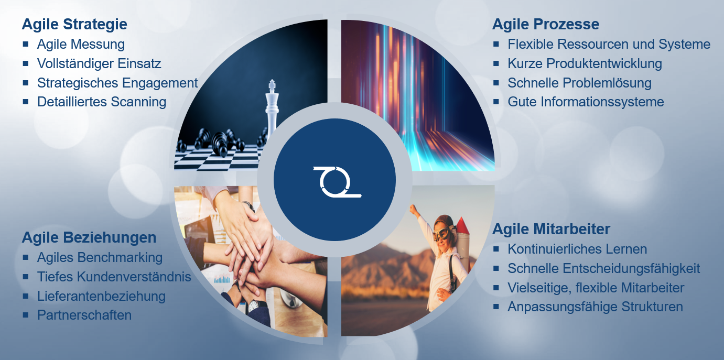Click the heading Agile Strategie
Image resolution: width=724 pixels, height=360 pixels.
[74, 25]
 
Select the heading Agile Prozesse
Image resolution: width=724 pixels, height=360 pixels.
[546, 24]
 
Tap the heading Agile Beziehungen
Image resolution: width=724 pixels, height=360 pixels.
[89, 238]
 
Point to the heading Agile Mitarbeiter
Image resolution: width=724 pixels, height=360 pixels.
[551, 229]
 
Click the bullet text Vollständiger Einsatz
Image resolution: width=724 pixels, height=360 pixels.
[99, 63]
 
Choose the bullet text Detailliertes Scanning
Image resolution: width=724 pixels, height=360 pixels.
[102, 102]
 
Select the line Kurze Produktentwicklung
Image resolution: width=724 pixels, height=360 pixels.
[585, 63]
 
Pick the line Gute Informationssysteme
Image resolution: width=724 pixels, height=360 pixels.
[586, 102]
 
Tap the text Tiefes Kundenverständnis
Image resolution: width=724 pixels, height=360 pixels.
[114, 277]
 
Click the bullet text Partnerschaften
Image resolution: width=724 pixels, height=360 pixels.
[84, 315]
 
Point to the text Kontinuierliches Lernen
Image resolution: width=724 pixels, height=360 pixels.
[577, 249]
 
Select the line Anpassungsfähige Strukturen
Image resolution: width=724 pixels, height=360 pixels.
[595, 307]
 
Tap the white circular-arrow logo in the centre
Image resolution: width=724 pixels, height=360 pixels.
[337, 182]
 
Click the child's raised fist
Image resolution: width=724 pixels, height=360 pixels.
[413, 210]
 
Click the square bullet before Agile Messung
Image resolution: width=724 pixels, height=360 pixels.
[26, 44]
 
